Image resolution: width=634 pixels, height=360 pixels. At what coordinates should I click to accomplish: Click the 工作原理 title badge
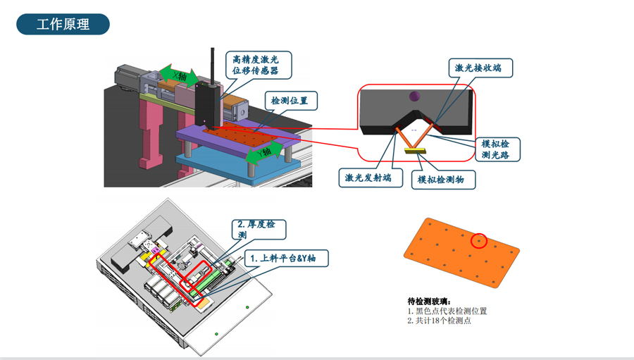tap(63, 25)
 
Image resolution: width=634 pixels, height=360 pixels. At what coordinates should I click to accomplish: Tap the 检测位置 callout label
tap(290, 101)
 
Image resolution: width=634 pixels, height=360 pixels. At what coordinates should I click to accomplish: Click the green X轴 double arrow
tap(179, 75)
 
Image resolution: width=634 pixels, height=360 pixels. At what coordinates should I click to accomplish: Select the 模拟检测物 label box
tap(442, 180)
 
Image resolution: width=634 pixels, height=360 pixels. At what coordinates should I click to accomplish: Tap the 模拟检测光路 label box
tap(500, 149)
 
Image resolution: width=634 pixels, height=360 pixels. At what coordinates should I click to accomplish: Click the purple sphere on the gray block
tap(414, 96)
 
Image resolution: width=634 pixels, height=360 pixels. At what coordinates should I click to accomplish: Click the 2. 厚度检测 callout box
tap(258, 230)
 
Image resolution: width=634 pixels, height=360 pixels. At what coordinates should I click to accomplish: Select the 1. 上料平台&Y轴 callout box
tap(285, 259)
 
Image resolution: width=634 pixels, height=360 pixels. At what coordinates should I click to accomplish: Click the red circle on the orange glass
tap(479, 241)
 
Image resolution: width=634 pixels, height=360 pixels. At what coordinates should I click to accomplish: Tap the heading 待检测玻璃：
tap(432, 301)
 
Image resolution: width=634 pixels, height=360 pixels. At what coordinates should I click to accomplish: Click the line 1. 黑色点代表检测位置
tap(447, 311)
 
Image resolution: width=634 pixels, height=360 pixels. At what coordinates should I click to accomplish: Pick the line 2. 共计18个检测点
tap(439, 321)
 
